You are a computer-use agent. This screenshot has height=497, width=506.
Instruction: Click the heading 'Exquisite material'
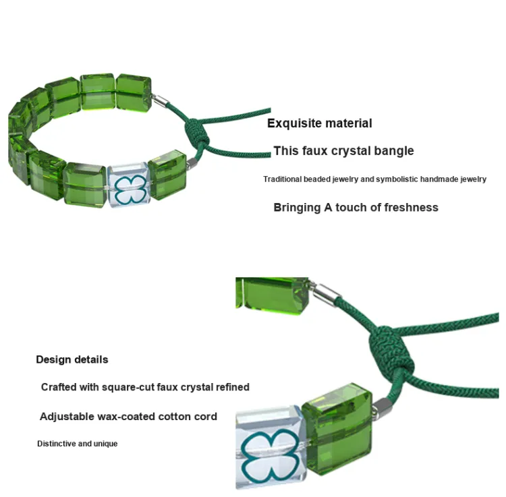(319, 123)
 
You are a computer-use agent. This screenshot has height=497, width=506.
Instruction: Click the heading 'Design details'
(72, 359)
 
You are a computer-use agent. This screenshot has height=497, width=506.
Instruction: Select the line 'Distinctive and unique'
(77, 444)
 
